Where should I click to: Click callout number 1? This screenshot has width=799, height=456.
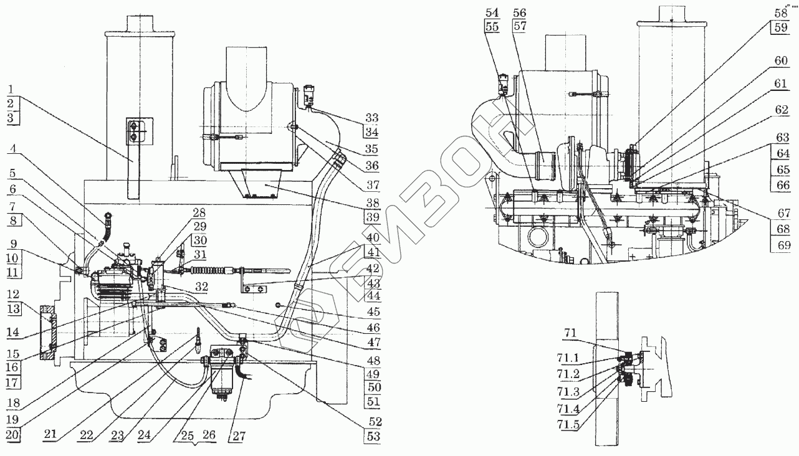(x=11, y=88)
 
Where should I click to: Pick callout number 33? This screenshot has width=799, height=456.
(x=373, y=118)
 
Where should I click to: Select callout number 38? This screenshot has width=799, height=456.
(x=373, y=203)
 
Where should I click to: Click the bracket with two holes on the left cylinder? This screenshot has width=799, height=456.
(x=133, y=131)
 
